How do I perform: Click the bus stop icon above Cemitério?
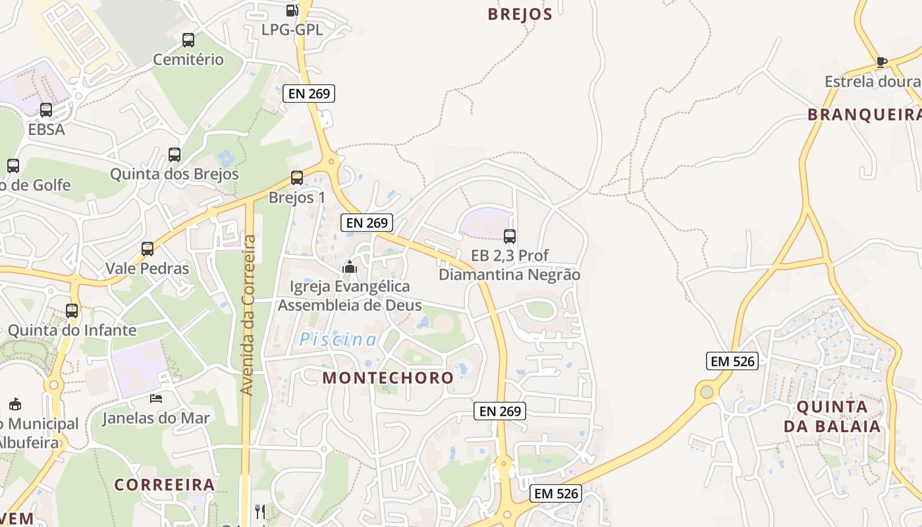[x=188, y=40]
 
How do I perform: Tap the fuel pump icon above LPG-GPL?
[x=292, y=10]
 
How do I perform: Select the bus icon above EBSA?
[x=46, y=110]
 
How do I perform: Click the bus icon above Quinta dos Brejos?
[x=174, y=155]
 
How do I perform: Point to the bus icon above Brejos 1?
[x=296, y=178]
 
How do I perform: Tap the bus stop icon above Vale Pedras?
[x=148, y=249]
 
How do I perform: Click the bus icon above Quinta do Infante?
[x=72, y=310]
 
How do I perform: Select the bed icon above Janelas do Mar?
[x=156, y=398]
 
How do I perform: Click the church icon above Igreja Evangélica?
[x=349, y=267]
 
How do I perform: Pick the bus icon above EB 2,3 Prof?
[x=509, y=236]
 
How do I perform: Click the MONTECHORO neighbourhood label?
[x=388, y=377]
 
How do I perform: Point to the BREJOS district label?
[x=520, y=14]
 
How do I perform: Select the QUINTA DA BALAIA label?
[x=832, y=416]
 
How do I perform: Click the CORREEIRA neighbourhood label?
[x=165, y=485]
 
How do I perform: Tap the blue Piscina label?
[x=338, y=340]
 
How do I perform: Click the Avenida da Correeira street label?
[x=247, y=315]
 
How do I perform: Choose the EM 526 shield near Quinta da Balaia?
[x=732, y=361]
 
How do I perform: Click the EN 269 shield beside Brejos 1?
[x=367, y=223]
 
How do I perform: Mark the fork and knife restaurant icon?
[x=260, y=511]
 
